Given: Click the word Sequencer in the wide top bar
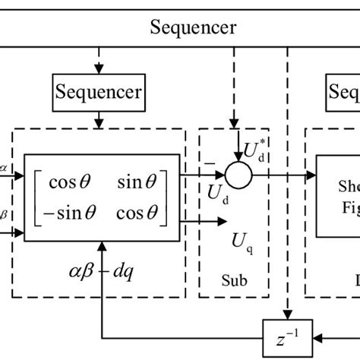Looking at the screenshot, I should click(x=193, y=28).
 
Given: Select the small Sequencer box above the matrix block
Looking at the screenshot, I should click(x=98, y=93).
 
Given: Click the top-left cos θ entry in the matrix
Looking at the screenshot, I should click(x=68, y=183).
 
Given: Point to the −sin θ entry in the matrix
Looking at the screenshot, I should click(x=64, y=213).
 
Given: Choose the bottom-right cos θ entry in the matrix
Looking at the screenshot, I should click(x=141, y=213).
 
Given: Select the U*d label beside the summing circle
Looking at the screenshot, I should click(x=256, y=151).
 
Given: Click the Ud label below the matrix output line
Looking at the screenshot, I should click(x=218, y=194).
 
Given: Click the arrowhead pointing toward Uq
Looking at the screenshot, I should click(x=222, y=222).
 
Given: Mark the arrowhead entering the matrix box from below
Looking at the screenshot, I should click(x=102, y=246).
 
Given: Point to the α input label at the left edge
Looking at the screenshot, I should click(x=5, y=169).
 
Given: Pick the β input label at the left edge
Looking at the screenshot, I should click(x=5, y=216).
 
